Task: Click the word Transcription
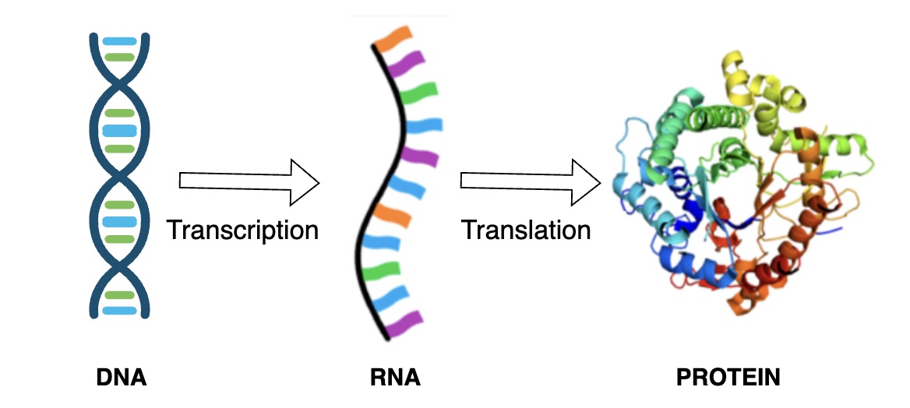coord(242,230)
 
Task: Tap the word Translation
coord(526,230)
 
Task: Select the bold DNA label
coord(121,379)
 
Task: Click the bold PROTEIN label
coord(728,379)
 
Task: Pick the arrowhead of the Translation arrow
coord(586,181)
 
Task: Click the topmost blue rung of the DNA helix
coord(120,40)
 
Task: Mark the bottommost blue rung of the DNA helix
coord(120,311)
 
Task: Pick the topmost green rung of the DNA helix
coord(120,57)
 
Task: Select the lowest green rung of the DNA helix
coord(120,295)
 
